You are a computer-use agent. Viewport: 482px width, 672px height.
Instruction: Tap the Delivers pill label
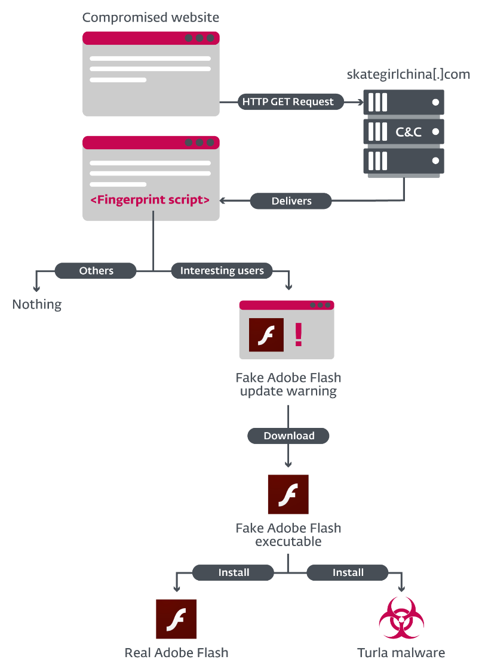click(x=291, y=201)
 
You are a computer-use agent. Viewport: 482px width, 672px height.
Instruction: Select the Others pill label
click(x=96, y=271)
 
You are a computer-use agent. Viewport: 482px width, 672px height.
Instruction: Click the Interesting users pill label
click(x=222, y=271)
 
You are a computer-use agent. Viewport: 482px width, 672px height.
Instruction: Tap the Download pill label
click(x=288, y=436)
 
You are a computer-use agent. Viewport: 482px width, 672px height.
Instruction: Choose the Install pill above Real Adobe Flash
click(x=233, y=572)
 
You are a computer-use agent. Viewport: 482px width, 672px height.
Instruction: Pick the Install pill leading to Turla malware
click(x=348, y=572)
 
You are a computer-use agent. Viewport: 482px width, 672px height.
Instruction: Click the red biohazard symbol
click(x=401, y=618)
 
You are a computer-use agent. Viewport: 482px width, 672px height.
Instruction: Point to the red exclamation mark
click(x=299, y=334)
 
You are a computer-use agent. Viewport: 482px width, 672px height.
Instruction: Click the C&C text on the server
click(x=409, y=131)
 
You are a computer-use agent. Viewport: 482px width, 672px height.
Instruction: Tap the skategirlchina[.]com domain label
click(x=409, y=74)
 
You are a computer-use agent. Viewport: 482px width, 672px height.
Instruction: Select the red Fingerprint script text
click(x=150, y=200)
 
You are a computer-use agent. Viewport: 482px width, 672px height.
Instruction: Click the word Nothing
click(x=37, y=304)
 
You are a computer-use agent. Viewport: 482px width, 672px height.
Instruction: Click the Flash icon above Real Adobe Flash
click(x=176, y=619)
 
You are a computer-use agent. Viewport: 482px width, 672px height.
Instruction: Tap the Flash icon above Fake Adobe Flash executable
click(x=288, y=494)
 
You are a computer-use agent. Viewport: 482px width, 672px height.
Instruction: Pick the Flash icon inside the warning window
click(x=266, y=335)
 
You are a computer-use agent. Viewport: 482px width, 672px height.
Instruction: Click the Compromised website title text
click(x=151, y=17)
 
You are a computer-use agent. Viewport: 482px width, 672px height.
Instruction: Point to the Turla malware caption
click(x=401, y=653)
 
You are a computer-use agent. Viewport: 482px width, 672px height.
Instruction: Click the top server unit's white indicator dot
click(x=435, y=102)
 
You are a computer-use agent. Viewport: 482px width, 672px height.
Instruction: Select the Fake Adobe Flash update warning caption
click(x=288, y=384)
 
